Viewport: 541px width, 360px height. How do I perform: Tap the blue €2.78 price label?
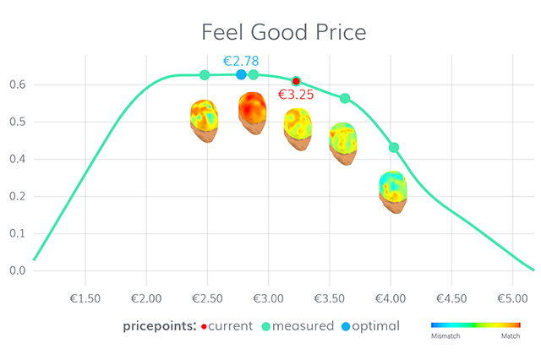click(x=240, y=61)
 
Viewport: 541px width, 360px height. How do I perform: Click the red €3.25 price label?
click(x=296, y=95)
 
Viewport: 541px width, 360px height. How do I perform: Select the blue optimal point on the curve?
click(x=241, y=75)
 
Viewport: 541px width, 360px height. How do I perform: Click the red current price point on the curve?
click(x=296, y=81)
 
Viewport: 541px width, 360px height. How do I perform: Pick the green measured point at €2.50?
click(x=205, y=75)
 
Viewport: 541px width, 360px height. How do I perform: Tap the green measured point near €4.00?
click(x=394, y=148)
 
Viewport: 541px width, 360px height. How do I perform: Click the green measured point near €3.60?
click(x=345, y=98)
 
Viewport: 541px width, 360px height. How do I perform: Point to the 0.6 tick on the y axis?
click(x=17, y=85)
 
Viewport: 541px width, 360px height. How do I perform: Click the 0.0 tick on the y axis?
click(x=17, y=270)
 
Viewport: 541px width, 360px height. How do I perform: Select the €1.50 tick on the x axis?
click(x=85, y=298)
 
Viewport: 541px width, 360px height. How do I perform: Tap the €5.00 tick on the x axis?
click(x=512, y=298)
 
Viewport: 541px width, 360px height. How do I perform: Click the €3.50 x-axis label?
click(x=329, y=298)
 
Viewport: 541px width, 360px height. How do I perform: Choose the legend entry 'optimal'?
click(x=371, y=325)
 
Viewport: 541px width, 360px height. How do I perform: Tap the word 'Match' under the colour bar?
click(x=510, y=335)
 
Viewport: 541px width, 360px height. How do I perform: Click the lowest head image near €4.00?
click(x=392, y=191)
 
